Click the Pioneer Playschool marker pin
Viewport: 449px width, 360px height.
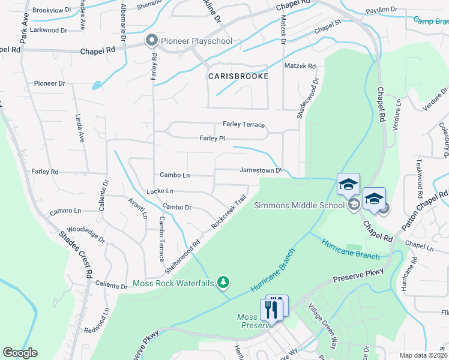coord(151,41)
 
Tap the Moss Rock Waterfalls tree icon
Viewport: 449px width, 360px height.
coord(223,281)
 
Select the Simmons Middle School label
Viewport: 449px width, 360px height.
coord(299,205)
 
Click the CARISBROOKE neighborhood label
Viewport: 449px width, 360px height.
coord(238,77)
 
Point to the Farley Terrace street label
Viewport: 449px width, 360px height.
coord(244,124)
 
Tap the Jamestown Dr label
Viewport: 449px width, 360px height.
coord(261,170)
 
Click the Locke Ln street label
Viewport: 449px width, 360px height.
coord(160,191)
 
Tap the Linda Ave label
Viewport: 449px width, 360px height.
coord(79,128)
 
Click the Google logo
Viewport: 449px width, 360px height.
coord(20,353)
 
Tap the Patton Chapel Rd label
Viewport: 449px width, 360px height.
coord(425,212)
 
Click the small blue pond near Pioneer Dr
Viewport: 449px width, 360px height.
coord(97,86)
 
